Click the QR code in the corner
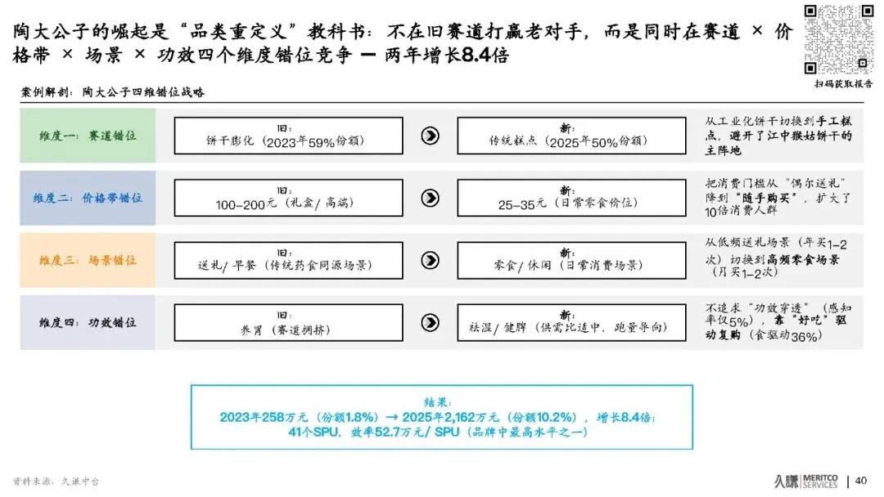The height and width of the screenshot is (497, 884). (x=838, y=39)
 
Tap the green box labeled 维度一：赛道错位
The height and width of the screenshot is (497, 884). (x=88, y=136)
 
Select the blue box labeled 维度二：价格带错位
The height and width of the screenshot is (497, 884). (x=88, y=198)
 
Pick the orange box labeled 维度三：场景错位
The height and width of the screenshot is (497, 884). (x=88, y=260)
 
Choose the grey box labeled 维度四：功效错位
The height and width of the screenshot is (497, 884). (x=88, y=322)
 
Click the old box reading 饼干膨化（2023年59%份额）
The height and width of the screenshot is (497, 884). (x=288, y=136)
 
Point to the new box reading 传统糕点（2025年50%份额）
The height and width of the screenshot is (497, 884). (x=571, y=136)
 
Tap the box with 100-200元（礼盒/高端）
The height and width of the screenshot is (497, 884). (x=288, y=198)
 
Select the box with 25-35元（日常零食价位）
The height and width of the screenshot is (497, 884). (x=571, y=198)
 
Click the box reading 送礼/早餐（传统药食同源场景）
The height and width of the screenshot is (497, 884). (x=288, y=260)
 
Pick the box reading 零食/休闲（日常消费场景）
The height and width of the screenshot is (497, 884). (x=571, y=260)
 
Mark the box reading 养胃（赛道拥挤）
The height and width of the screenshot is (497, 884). (x=288, y=322)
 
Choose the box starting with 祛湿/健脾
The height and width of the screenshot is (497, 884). (x=571, y=322)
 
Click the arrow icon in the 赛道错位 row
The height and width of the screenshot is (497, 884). (x=430, y=136)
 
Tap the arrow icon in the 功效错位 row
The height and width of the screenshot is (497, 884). (x=430, y=322)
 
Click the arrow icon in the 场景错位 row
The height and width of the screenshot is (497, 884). (x=430, y=260)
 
